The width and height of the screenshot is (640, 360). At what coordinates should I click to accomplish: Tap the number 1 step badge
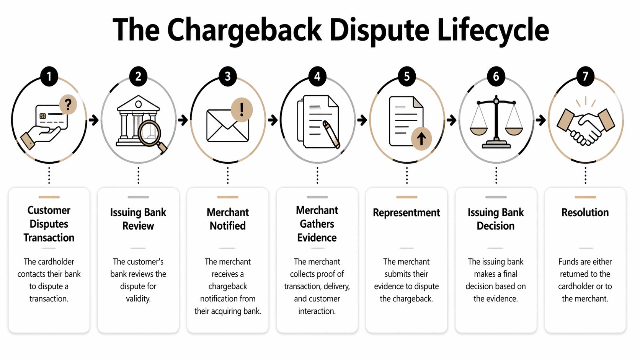click(49, 77)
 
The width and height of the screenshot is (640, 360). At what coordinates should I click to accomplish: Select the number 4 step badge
click(317, 77)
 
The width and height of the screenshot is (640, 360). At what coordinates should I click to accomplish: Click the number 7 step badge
click(585, 77)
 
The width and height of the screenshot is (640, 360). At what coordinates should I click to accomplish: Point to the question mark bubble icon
click(68, 104)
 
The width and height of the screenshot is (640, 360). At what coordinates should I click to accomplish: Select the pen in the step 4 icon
click(331, 134)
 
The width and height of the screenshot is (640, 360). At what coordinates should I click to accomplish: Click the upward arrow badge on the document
click(421, 138)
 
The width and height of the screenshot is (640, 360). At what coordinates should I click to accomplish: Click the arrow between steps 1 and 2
click(93, 120)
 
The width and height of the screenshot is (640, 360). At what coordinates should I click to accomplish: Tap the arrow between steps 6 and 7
click(540, 120)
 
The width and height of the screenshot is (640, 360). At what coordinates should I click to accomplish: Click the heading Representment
click(407, 213)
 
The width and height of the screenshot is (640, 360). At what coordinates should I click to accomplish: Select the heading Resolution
click(585, 213)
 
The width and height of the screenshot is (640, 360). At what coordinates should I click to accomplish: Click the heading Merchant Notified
click(228, 219)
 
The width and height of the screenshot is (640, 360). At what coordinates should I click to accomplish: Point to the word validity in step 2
click(138, 299)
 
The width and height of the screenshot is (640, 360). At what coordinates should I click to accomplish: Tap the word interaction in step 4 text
click(317, 311)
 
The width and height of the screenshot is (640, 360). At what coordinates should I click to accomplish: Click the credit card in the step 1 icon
click(51, 117)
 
